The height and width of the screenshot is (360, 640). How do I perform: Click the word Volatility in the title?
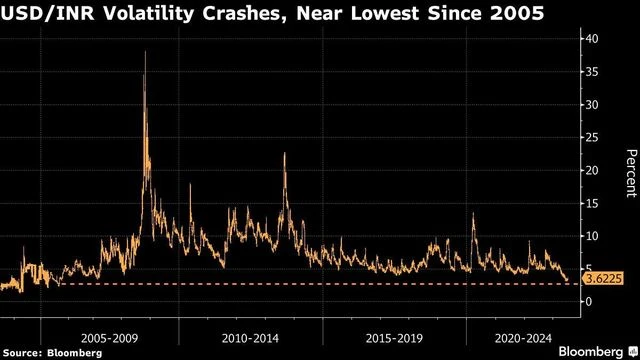click(141, 15)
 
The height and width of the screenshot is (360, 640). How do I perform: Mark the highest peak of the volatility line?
click(146, 52)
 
